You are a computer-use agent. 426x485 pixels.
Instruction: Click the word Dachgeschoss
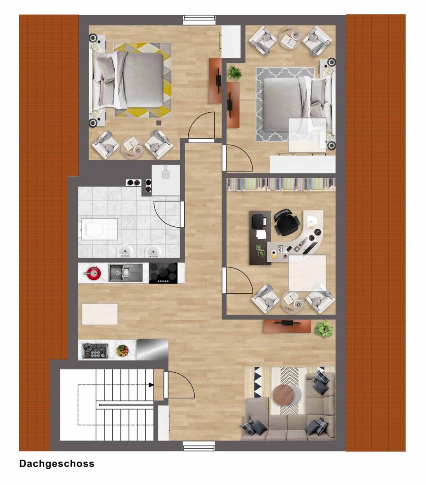[x=57, y=463]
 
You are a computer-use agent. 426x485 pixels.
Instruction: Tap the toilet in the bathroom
[x=92, y=229]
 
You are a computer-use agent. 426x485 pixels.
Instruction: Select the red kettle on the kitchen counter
[x=93, y=273]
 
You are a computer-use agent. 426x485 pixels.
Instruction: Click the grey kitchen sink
[x=125, y=273]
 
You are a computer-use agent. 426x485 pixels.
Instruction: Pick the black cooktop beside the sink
[x=163, y=273]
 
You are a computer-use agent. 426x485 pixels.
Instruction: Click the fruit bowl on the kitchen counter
[x=122, y=350]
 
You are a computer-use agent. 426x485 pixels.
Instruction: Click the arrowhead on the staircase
[x=151, y=385]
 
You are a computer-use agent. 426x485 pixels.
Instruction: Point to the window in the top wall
[x=199, y=20]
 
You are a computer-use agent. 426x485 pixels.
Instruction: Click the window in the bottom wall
[x=199, y=446]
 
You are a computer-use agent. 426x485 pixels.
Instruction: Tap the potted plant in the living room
[x=324, y=329]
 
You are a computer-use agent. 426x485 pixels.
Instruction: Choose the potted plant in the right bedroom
[x=235, y=73]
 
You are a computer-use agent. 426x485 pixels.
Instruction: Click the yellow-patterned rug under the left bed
[x=143, y=80]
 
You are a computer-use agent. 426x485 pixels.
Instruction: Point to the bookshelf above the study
[x=281, y=185]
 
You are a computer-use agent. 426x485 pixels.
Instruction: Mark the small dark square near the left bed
[x=159, y=123]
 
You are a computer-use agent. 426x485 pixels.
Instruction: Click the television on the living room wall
[x=287, y=323]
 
